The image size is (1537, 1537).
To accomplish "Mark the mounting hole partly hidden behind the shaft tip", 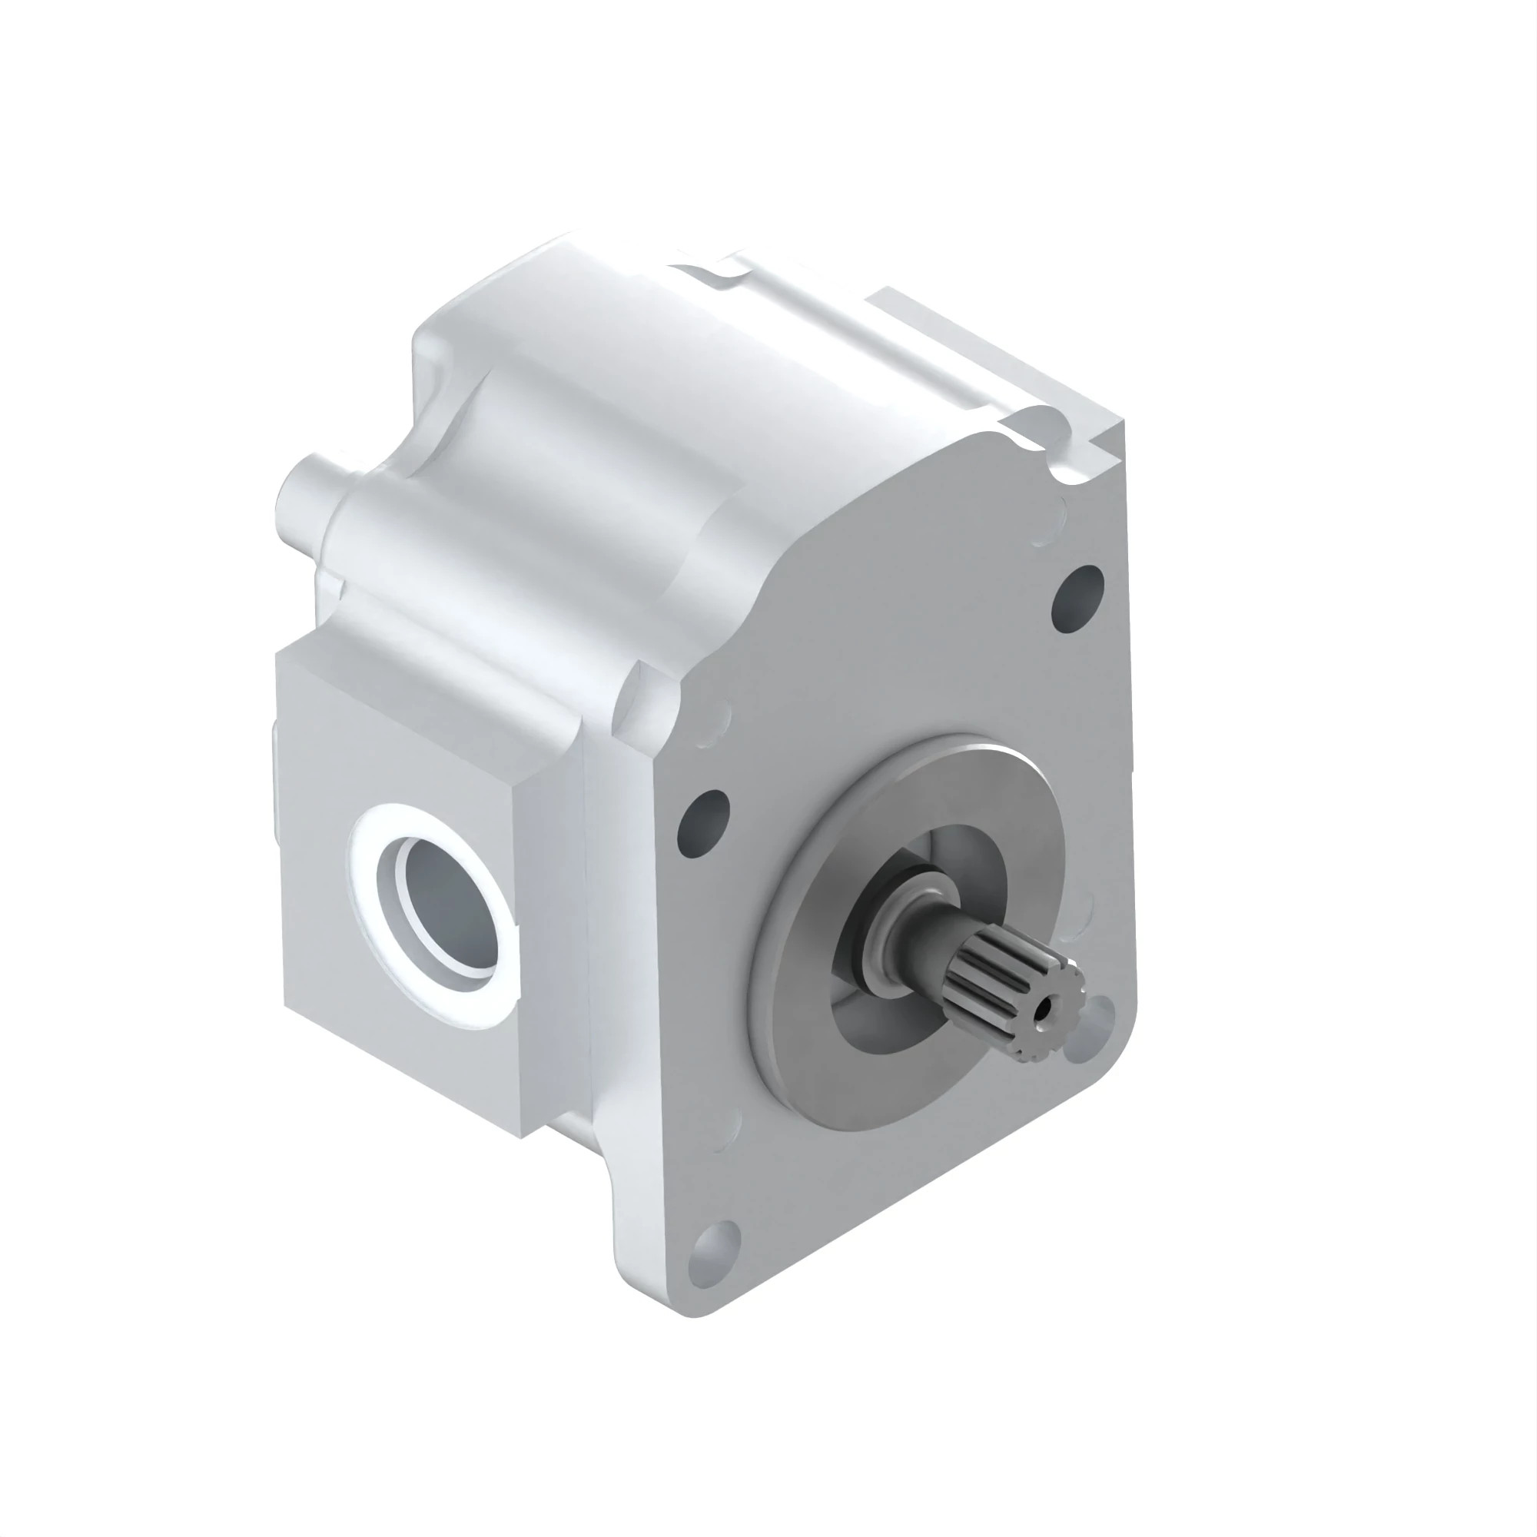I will [1091, 1034].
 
